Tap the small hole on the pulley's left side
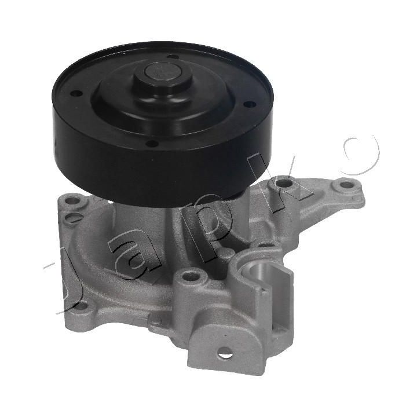(76, 94)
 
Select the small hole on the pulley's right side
(249, 104)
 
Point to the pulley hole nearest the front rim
(153, 144)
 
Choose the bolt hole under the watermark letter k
(283, 182)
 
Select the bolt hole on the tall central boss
(191, 275)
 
